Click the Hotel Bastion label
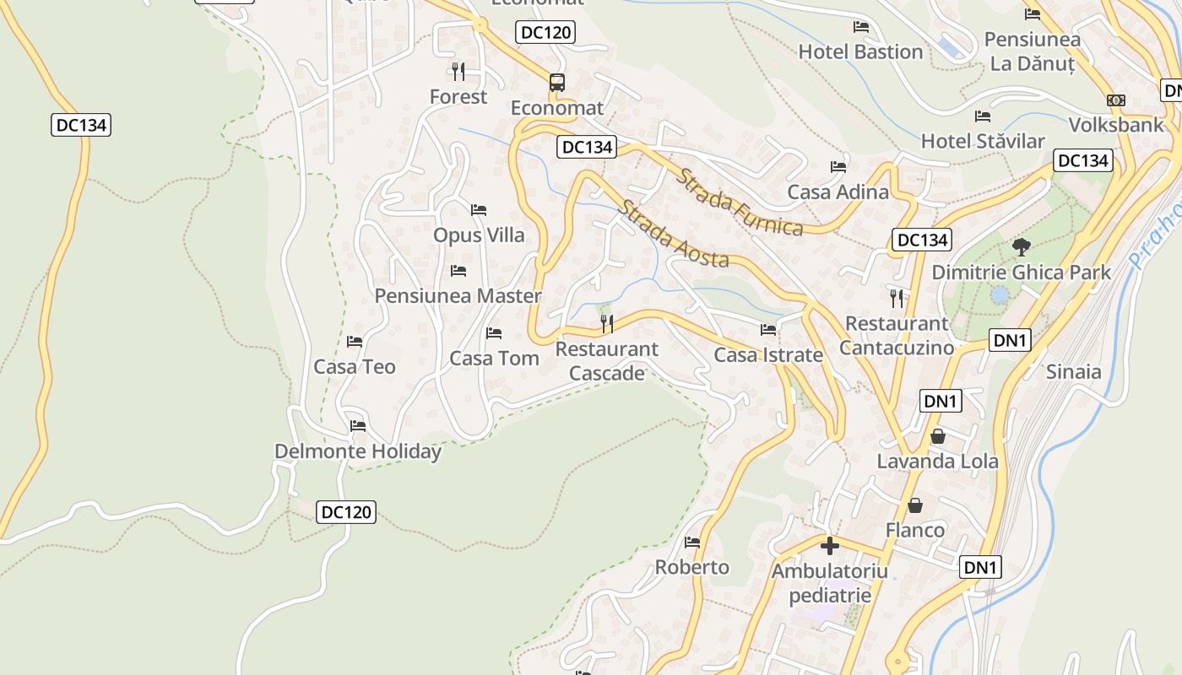pos(860,51)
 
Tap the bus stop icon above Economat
pos(557,82)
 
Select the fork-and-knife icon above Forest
pos(458,71)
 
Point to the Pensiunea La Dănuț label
pos(1032,51)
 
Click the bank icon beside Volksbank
pos(1116,100)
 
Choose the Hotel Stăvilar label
pos(982,141)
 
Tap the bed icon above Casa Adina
pos(838,167)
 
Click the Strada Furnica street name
pos(740,203)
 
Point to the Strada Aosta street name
pos(673,234)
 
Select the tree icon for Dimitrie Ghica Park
pos(1022,247)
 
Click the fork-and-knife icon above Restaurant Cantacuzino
pos(897,298)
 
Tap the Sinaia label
pos(1073,372)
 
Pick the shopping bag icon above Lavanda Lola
pos(937,436)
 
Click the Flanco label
pos(914,530)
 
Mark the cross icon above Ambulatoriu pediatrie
pos(830,546)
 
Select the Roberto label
pos(691,567)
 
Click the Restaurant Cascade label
pos(606,361)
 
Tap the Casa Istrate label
pos(767,355)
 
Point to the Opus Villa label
pos(479,235)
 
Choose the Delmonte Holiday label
pos(357,451)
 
